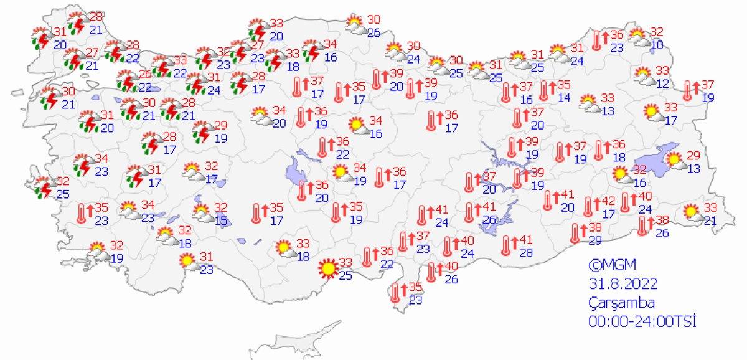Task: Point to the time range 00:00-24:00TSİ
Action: pos(641,321)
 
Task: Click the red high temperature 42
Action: pos(608,201)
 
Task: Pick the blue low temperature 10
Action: pos(657,44)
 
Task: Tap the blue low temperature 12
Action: pos(662,83)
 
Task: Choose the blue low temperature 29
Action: pos(594,240)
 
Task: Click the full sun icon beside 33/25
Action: pos(326,268)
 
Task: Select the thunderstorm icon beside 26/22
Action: pos(128,81)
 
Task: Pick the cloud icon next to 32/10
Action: pos(639,39)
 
